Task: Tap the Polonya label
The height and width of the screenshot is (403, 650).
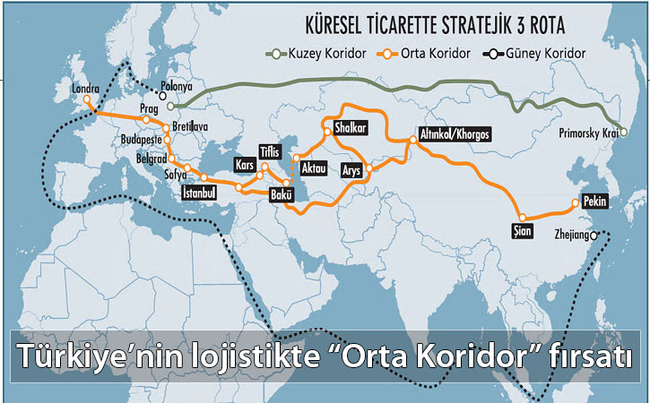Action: point(178,87)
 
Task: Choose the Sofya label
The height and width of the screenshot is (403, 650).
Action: point(160,176)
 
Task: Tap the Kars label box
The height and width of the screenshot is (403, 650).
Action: point(243,166)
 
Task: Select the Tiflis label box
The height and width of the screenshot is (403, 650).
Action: point(270,150)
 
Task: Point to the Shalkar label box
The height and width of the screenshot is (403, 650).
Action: point(350,129)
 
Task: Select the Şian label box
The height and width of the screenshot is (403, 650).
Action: point(522,233)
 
